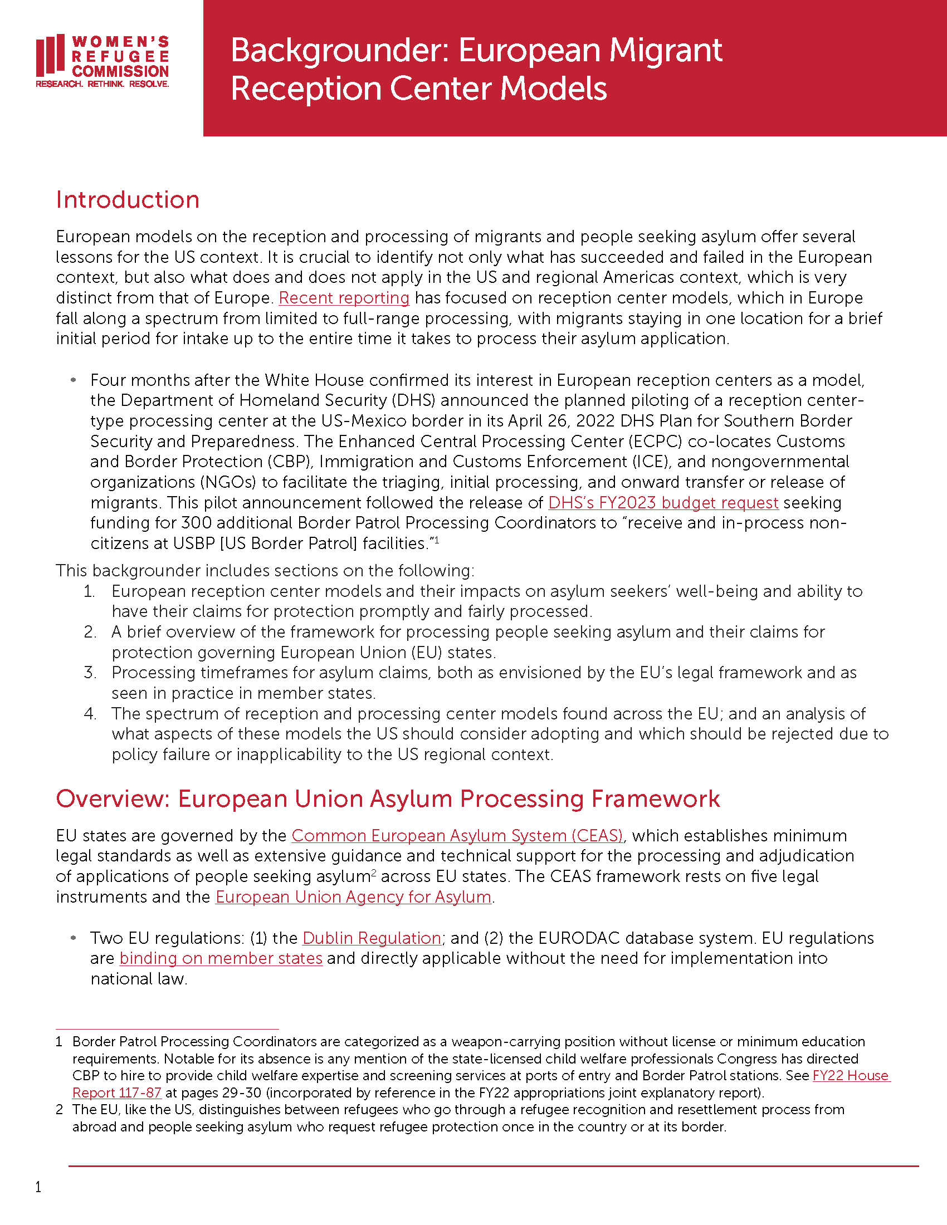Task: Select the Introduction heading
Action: point(128,200)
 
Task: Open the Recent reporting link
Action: point(344,298)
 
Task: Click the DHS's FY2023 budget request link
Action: point(662,503)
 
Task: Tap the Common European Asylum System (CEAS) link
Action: point(457,836)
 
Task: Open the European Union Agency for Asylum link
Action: point(353,897)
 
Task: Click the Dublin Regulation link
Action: point(372,938)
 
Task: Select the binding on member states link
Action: point(221,959)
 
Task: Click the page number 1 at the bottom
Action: point(38,1187)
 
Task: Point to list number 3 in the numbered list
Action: point(90,673)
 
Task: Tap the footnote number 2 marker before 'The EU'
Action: point(59,1110)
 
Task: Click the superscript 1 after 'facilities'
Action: point(437,540)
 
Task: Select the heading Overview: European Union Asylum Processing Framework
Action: point(388,799)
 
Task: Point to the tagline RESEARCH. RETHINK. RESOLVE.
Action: point(102,84)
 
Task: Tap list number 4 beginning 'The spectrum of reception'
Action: point(90,714)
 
